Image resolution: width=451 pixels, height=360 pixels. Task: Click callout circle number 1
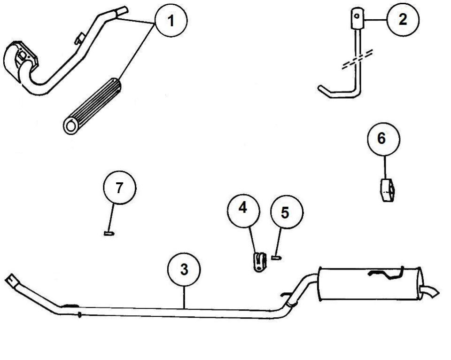pyautogui.click(x=171, y=21)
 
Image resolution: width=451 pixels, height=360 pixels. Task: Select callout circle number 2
pyautogui.click(x=403, y=20)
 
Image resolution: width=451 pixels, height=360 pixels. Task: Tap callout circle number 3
pyautogui.click(x=184, y=270)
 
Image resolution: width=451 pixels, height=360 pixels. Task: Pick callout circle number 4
pyautogui.click(x=243, y=208)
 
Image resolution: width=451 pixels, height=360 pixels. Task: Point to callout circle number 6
pyautogui.click(x=384, y=139)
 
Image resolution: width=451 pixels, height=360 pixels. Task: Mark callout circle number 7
pyautogui.click(x=119, y=188)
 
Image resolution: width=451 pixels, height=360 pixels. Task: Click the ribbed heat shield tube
pyautogui.click(x=93, y=106)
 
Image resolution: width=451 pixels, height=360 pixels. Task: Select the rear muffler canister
pyautogui.click(x=371, y=283)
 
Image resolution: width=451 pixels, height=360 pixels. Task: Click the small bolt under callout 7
pyautogui.click(x=109, y=234)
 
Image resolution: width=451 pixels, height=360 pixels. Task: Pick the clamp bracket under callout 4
pyautogui.click(x=259, y=261)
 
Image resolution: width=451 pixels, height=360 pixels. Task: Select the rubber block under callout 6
pyautogui.click(x=387, y=190)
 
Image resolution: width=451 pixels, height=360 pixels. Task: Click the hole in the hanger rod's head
pyautogui.click(x=357, y=16)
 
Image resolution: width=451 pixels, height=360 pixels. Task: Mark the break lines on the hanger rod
pyautogui.click(x=358, y=59)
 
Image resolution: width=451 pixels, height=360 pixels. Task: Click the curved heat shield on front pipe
pyautogui.click(x=20, y=61)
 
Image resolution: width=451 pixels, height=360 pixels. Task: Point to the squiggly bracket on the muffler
pyautogui.click(x=387, y=274)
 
